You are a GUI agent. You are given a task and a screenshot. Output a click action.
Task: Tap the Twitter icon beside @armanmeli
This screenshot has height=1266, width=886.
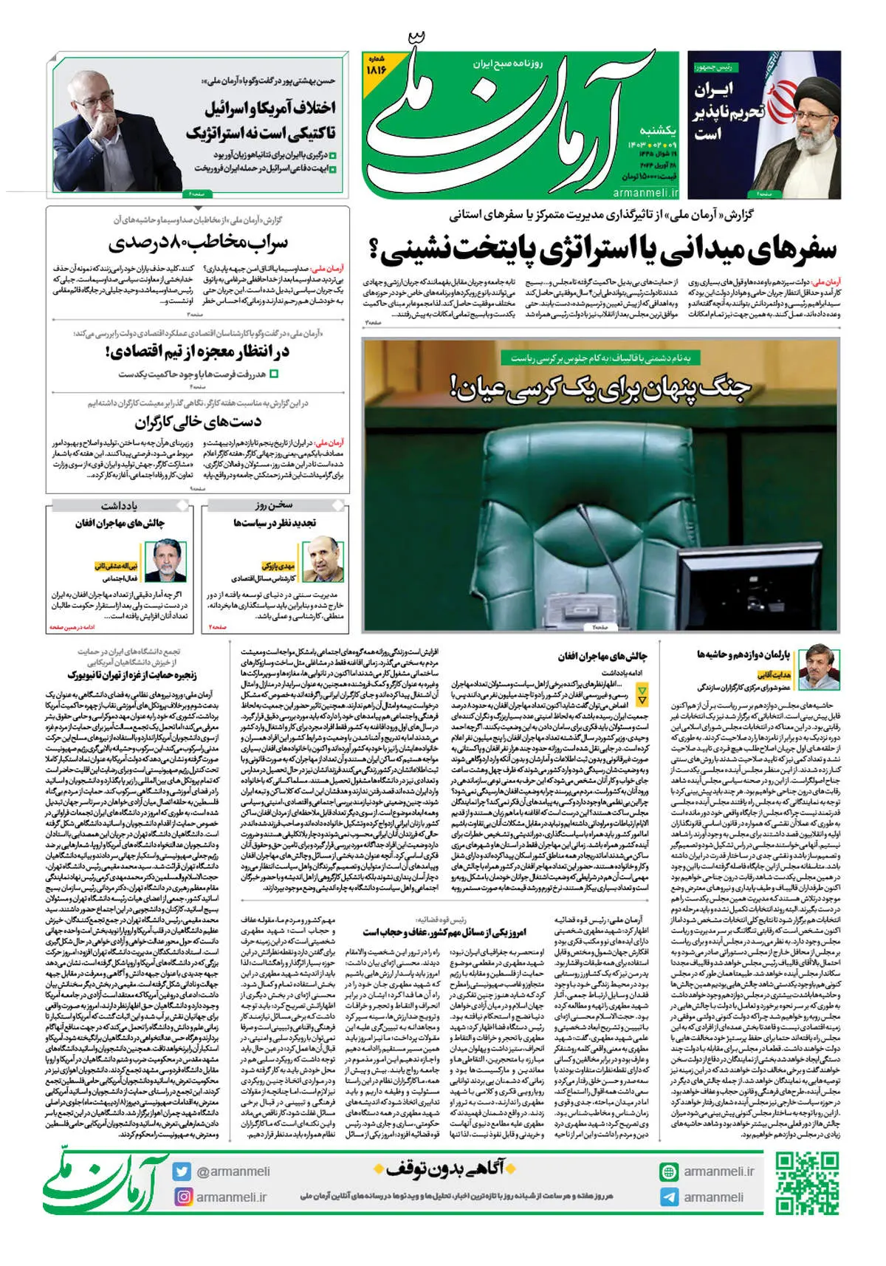click(x=182, y=1171)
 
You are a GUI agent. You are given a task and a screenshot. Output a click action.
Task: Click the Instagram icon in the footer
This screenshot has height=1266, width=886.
click(x=182, y=1197)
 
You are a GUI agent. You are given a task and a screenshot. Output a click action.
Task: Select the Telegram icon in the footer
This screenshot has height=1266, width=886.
click(x=669, y=1197)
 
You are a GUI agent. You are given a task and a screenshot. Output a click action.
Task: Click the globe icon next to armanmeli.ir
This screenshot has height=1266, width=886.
click(x=669, y=1171)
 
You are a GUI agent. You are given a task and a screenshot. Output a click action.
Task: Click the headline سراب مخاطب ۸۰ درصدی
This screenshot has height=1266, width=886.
click(x=198, y=242)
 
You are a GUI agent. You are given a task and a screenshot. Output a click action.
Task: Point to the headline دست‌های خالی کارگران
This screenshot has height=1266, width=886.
click(x=198, y=422)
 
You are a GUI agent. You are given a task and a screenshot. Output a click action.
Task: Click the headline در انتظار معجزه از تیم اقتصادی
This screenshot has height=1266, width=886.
click(x=198, y=352)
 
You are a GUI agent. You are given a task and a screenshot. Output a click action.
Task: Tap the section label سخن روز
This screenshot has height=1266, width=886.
click(x=275, y=505)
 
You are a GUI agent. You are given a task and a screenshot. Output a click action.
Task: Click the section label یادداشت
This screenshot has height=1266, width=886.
click(x=120, y=505)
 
